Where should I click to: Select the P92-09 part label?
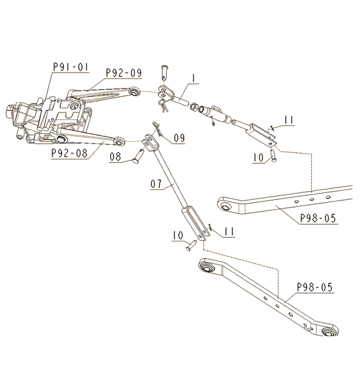[x=123, y=72]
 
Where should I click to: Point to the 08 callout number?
[x=116, y=157]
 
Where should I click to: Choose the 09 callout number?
[x=179, y=138]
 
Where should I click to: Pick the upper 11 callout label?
[x=288, y=120]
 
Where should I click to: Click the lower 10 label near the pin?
[x=177, y=235]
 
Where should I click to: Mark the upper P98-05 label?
[x=318, y=218]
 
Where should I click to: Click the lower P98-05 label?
[x=315, y=287]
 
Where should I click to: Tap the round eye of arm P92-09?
[x=134, y=92]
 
